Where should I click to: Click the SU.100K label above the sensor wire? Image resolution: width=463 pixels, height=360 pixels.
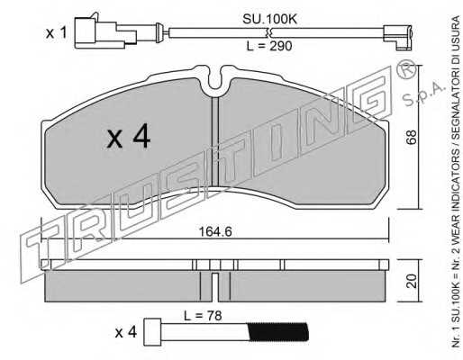coord(269,20)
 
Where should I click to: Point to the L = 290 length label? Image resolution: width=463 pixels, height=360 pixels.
coord(269,46)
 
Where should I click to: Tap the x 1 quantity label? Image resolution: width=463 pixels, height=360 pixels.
coord(56,33)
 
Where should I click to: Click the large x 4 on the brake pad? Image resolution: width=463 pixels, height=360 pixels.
coord(128,138)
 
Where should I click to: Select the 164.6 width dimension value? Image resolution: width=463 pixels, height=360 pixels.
coord(215,231)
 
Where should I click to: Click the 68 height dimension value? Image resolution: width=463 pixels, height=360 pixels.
coord(412,137)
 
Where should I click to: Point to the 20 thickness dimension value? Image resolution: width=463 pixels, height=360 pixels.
coord(412,281)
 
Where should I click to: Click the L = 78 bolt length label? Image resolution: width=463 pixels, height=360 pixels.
coord(203,316)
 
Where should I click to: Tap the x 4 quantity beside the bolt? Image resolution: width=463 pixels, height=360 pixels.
coord(126,333)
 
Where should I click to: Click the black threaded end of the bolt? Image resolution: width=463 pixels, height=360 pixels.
coord(277,332)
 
